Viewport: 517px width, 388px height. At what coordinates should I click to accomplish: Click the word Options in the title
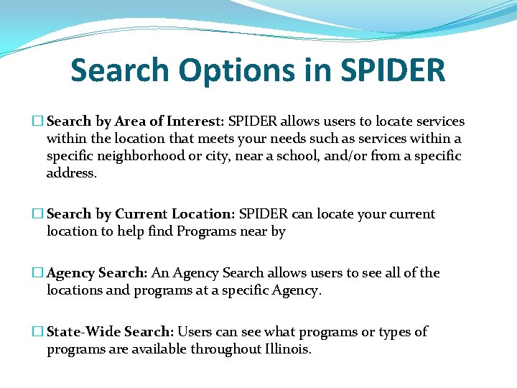tap(234, 70)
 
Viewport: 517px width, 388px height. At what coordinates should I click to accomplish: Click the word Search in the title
tap(120, 70)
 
